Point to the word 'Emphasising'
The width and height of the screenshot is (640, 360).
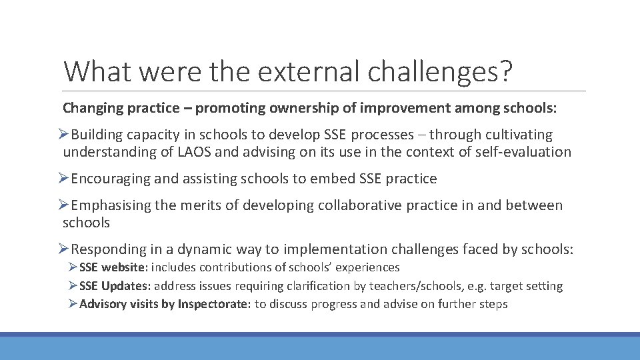click(x=111, y=205)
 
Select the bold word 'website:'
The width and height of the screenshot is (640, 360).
click(x=126, y=267)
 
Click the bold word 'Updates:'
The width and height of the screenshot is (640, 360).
click(x=127, y=286)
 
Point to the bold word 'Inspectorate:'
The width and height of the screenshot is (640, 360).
click(x=214, y=305)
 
